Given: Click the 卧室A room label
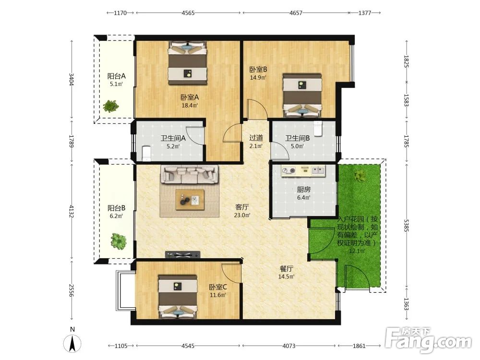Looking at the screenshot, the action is [x=190, y=97].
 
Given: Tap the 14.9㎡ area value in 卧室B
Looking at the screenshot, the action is [x=258, y=77].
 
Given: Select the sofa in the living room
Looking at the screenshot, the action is [x=190, y=175].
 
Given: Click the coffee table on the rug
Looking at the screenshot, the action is [x=190, y=200].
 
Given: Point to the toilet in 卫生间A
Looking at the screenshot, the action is [x=146, y=153].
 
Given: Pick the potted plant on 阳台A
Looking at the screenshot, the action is [x=110, y=106].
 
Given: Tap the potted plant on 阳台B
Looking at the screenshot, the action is [x=118, y=241].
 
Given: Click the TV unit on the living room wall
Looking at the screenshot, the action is [x=183, y=254].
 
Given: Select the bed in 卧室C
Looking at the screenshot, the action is [x=178, y=296].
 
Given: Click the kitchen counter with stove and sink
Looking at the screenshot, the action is [x=303, y=171].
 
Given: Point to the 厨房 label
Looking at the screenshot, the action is [x=303, y=190].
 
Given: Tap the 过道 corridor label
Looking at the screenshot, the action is [x=256, y=138].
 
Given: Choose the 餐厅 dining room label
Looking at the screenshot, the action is [x=287, y=269].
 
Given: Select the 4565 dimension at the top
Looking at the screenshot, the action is [x=188, y=13].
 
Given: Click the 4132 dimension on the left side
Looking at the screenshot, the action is [x=72, y=212].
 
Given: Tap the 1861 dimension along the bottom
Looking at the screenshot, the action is [x=359, y=346].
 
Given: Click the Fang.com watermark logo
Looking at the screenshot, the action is [x=429, y=340].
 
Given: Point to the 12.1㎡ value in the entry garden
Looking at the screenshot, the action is [x=357, y=251].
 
